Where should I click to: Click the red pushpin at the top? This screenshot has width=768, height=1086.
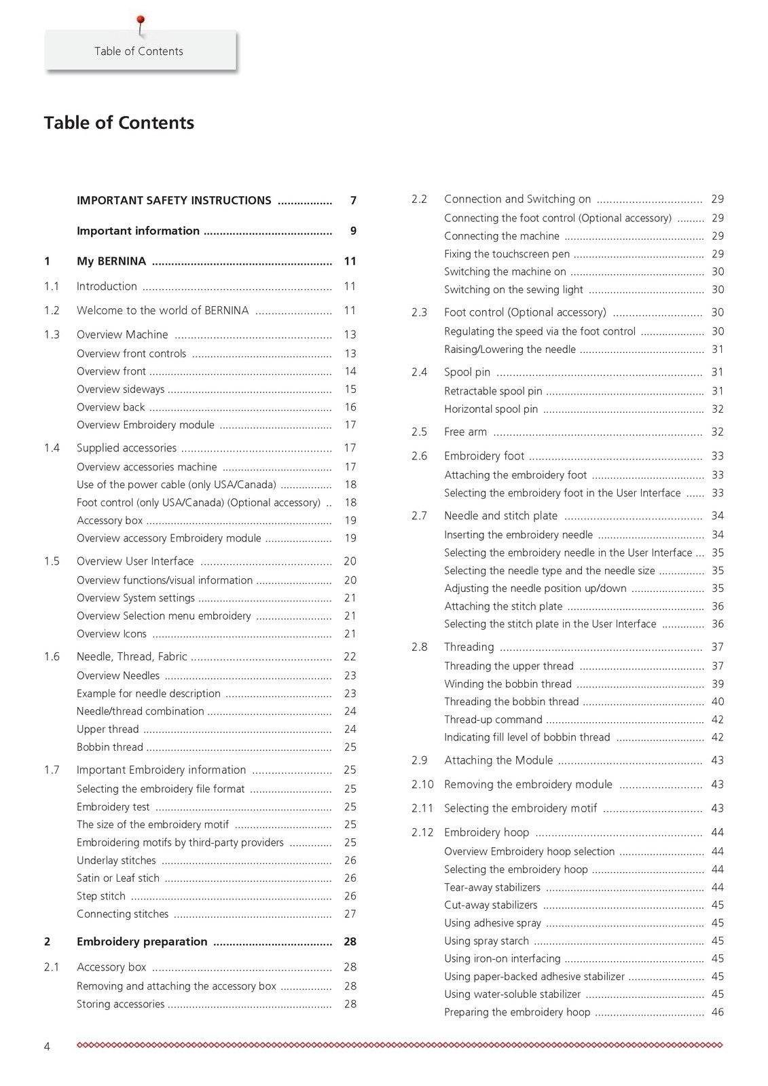(141, 20)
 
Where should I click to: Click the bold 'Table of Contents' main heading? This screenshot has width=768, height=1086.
(119, 123)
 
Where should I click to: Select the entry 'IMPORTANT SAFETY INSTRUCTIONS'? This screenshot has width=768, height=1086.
(174, 201)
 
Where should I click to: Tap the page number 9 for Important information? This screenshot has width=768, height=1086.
(353, 231)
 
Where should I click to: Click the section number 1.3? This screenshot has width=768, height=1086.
(52, 335)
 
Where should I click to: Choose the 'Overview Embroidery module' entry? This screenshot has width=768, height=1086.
(145, 425)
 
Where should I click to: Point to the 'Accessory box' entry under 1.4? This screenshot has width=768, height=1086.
(109, 521)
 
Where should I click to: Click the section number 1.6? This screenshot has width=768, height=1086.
(52, 656)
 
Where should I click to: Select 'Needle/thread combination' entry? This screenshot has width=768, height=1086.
(140, 711)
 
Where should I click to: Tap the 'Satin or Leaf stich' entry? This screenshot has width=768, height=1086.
(118, 878)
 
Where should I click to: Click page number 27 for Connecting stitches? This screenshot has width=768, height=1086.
(350, 914)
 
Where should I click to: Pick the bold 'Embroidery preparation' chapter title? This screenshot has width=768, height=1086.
(142, 942)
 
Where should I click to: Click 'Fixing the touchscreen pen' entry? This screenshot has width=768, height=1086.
(507, 254)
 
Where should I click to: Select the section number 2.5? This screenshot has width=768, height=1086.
(419, 432)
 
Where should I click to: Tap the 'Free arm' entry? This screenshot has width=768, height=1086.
(465, 432)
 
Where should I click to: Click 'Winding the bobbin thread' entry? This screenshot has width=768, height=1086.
(508, 684)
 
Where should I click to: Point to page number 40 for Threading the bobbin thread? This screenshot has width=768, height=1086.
(717, 702)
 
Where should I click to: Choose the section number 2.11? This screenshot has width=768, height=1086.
(422, 808)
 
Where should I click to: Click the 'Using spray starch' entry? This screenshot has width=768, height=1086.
(486, 941)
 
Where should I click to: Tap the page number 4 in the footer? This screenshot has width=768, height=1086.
(47, 1047)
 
